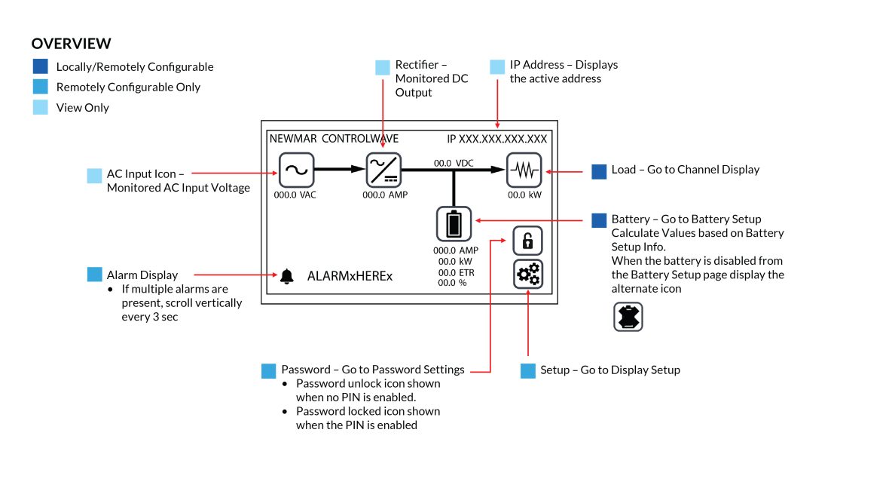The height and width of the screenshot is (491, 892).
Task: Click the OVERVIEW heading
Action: pyautogui.click(x=72, y=44)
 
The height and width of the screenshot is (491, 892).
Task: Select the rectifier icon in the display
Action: pyautogui.click(x=383, y=170)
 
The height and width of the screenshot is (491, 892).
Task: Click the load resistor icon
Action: pyautogui.click(x=524, y=170)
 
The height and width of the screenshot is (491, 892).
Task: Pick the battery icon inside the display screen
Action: pyautogui.click(x=454, y=224)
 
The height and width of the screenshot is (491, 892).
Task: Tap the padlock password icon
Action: pyautogui.click(x=527, y=241)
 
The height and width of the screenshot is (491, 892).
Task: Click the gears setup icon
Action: pyautogui.click(x=527, y=275)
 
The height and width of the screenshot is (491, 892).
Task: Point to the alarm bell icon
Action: pyautogui.click(x=286, y=277)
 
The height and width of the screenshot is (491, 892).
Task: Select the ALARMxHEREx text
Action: pyautogui.click(x=350, y=277)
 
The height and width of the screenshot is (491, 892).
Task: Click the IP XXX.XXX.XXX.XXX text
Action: pyautogui.click(x=496, y=140)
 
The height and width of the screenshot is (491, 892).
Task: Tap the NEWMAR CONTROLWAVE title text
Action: pyautogui.click(x=334, y=140)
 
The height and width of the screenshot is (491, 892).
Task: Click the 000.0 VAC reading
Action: pyautogui.click(x=297, y=195)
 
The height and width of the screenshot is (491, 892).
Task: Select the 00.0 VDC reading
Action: pyautogui.click(x=454, y=163)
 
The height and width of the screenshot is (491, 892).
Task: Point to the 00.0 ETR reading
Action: pyautogui.click(x=456, y=272)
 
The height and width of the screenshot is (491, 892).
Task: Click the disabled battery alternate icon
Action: pyautogui.click(x=628, y=317)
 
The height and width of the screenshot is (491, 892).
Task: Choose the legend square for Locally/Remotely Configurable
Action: pyautogui.click(x=41, y=66)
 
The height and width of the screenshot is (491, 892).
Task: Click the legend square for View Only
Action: pyautogui.click(x=41, y=107)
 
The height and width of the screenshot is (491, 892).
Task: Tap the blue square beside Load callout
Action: pyautogui.click(x=599, y=171)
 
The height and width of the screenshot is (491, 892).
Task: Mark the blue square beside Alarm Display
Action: pyautogui.click(x=94, y=275)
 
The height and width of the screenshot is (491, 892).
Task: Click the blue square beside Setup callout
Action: pyautogui.click(x=528, y=370)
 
